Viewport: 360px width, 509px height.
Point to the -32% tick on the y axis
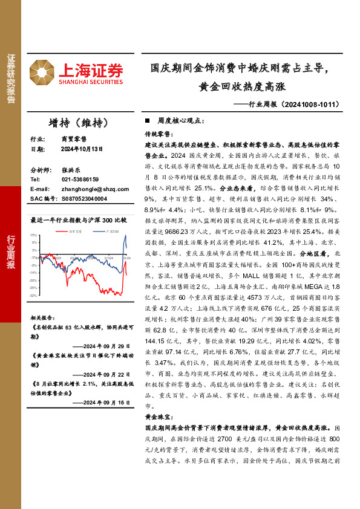tap(34, 296)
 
